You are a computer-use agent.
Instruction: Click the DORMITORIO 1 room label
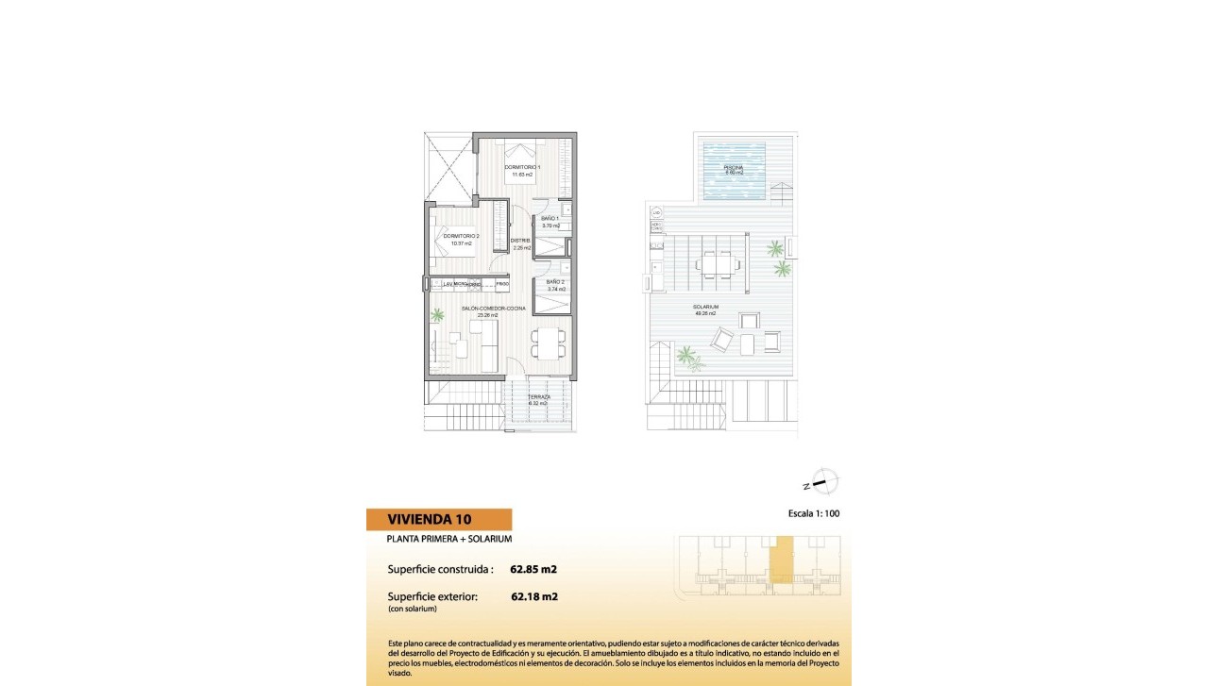tap(522, 167)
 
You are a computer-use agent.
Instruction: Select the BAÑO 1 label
tap(550, 219)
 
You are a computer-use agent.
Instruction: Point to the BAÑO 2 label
tap(555, 282)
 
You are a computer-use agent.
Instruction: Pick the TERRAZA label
tap(539, 397)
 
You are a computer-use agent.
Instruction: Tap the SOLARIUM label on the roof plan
tap(705, 308)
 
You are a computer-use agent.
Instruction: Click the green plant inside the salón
tap(437, 315)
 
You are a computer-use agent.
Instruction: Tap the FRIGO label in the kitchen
tap(503, 284)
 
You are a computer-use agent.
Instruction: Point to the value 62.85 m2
tap(533, 569)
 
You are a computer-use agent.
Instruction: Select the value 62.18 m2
tap(533, 596)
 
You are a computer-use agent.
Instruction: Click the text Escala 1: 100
tap(813, 514)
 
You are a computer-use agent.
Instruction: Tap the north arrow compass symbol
tap(823, 482)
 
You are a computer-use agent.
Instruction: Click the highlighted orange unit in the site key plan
tap(781, 563)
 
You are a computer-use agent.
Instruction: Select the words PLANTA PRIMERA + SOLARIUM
tap(449, 539)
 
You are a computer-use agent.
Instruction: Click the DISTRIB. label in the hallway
tap(520, 241)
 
